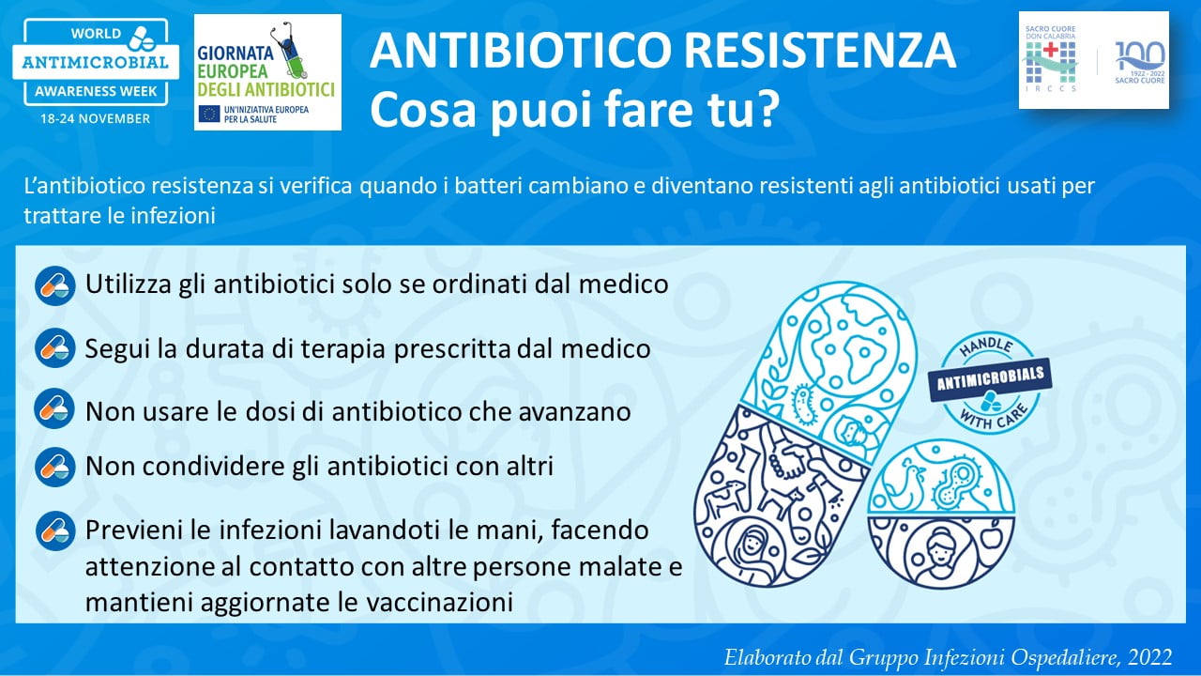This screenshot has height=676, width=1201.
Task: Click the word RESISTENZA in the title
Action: coord(821,50)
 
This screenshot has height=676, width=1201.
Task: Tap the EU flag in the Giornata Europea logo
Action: coord(209,114)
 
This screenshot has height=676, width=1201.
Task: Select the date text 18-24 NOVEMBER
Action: coord(96,118)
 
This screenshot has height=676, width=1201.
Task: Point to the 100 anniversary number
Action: coord(1140,55)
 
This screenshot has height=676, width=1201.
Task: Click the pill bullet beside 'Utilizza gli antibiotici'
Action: coord(55,286)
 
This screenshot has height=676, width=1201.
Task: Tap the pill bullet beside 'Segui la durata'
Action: coord(55,348)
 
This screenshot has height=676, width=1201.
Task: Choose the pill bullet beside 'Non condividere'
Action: coord(55,467)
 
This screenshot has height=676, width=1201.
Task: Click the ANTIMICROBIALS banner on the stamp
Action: coord(990,379)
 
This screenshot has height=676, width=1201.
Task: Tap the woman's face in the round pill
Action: coord(942,553)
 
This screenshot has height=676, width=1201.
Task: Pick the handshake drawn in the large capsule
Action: coord(788,463)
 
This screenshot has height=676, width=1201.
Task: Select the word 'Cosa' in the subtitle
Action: coord(423,109)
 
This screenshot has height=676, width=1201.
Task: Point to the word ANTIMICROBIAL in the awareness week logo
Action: coord(96,62)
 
